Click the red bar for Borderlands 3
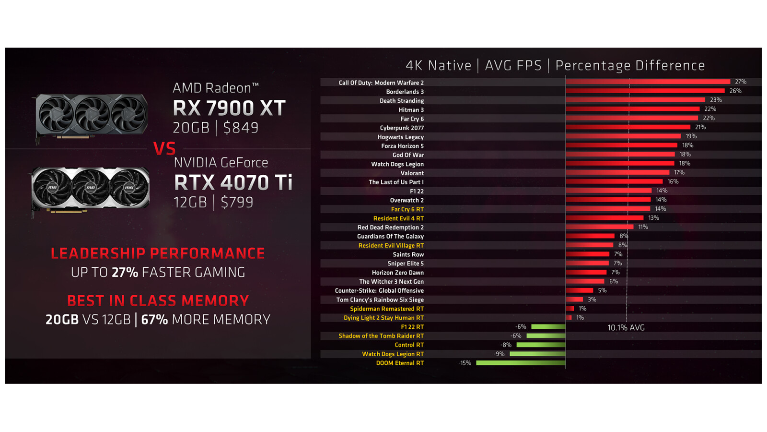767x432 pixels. pos(645,91)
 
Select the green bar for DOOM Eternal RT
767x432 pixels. pos(521,363)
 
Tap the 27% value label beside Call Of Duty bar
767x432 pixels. pos(741,82)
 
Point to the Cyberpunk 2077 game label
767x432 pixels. pos(402,128)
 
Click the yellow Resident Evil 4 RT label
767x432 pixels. pos(398,218)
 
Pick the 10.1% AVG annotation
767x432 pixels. pos(626,328)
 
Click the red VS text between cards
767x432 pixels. pos(164,149)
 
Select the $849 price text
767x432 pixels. pos(241,128)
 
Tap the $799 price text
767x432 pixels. pos(237,202)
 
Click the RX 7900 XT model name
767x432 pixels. pos(229,108)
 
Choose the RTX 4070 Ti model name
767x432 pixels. pos(233,183)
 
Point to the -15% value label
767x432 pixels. pos(465,363)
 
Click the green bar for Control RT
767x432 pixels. pos(541,345)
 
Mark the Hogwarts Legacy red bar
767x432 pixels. pos(623,137)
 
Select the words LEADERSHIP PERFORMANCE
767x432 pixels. pos(158,253)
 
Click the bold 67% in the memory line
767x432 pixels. pos(154,320)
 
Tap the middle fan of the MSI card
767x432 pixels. pos(90,187)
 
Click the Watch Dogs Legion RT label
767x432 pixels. pos(393,354)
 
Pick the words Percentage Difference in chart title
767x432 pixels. pos(630,66)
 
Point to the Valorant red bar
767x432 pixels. pos(617,173)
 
